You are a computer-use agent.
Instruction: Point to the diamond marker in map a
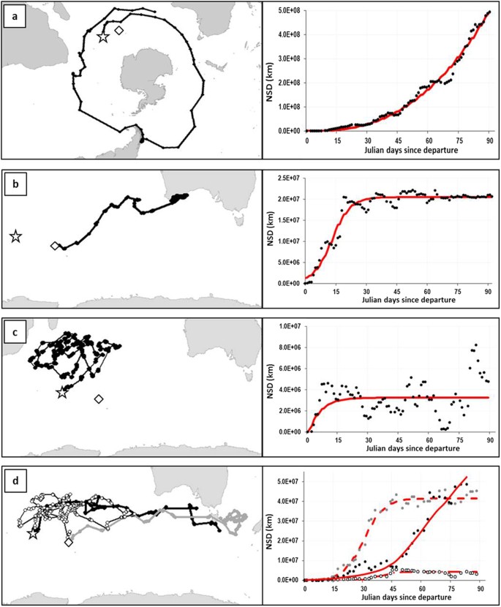[119, 30]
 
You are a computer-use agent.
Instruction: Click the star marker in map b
[15, 236]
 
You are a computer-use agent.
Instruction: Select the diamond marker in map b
[53, 246]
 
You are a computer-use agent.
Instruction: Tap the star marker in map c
[62, 393]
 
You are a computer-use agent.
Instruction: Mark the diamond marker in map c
[99, 399]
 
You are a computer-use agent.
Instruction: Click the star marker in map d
[32, 535]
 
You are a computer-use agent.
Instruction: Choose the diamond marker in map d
[68, 543]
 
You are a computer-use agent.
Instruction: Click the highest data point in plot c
[476, 344]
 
